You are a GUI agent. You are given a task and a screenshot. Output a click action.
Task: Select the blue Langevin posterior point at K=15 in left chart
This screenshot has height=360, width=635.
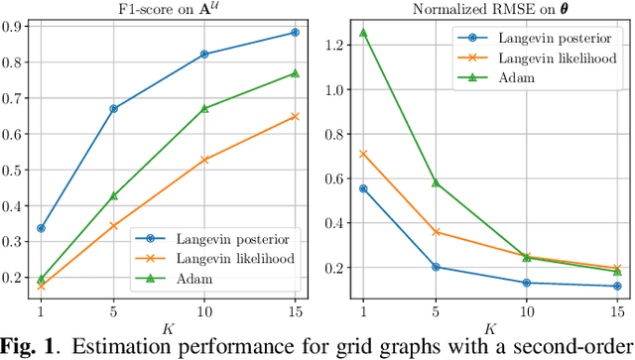click(x=295, y=33)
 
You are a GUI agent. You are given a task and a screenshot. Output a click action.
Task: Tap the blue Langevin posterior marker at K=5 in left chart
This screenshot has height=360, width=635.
click(x=114, y=108)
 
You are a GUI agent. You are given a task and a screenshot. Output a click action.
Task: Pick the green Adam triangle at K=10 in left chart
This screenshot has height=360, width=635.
click(x=204, y=108)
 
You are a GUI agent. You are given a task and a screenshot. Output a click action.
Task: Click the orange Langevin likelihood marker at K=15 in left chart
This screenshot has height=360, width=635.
click(x=295, y=116)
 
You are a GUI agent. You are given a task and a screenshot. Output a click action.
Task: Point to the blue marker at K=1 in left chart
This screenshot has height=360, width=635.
click(x=41, y=228)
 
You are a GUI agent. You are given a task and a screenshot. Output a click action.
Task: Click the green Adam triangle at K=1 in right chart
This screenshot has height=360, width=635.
click(x=363, y=32)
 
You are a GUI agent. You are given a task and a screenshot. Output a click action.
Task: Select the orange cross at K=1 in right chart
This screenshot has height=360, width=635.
click(x=363, y=154)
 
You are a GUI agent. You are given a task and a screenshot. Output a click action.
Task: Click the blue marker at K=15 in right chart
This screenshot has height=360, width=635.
click(x=617, y=287)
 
